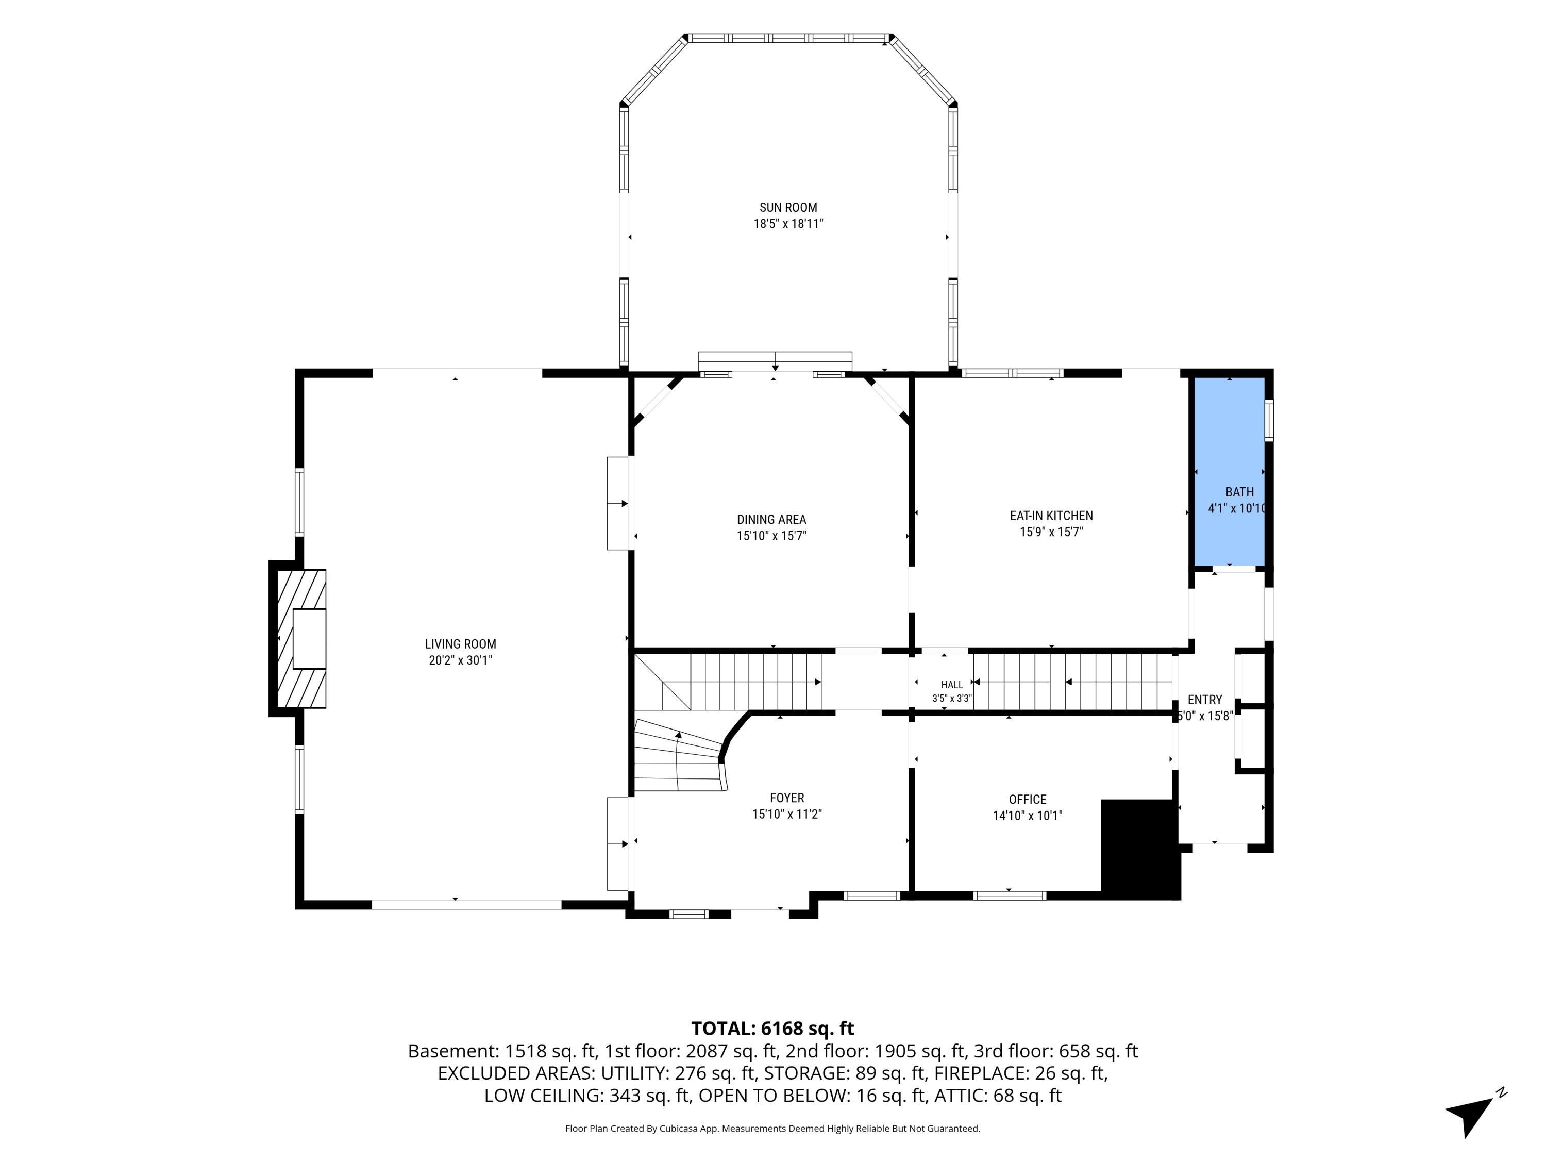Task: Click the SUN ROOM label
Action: click(x=788, y=208)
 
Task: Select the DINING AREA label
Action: click(x=771, y=520)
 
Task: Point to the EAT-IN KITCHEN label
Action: click(x=1051, y=516)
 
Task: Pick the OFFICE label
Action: click(x=1028, y=799)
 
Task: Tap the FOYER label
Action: click(x=787, y=798)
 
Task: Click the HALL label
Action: click(x=952, y=685)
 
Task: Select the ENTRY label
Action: click(x=1205, y=699)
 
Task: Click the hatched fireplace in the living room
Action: click(x=302, y=638)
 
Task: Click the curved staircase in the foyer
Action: click(x=678, y=755)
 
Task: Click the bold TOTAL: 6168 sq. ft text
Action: click(x=772, y=1028)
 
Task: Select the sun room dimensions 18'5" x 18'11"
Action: click(x=788, y=224)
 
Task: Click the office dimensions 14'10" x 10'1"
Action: click(x=1028, y=815)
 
